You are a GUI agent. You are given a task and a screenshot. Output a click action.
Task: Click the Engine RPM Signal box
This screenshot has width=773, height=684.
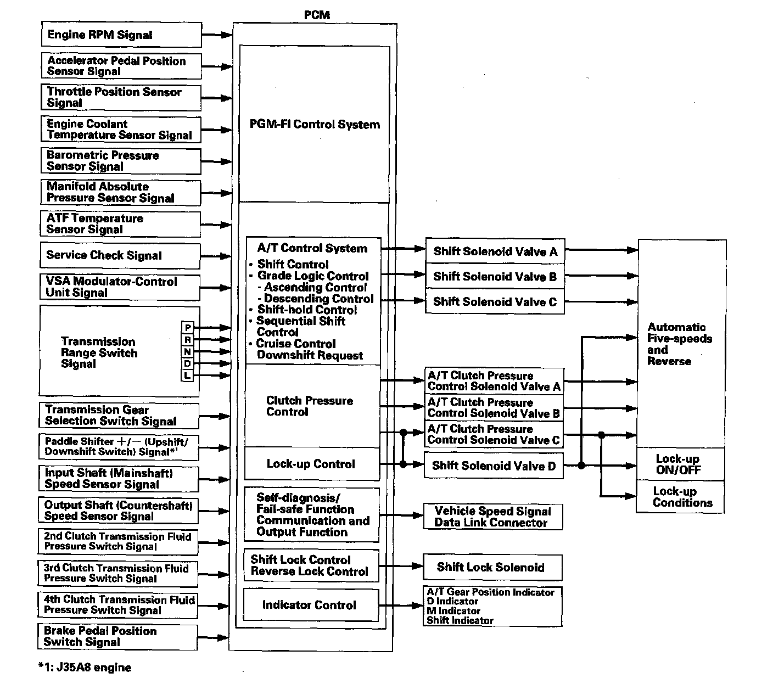click(121, 35)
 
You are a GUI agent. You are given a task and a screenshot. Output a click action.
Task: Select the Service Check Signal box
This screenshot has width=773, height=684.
click(120, 255)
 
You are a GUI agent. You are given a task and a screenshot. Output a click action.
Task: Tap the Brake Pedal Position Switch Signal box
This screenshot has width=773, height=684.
click(117, 637)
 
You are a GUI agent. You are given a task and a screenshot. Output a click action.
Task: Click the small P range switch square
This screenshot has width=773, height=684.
click(188, 328)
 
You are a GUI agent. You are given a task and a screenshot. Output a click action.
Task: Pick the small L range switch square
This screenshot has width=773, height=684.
click(188, 375)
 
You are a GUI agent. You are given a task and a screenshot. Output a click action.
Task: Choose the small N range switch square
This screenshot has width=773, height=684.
click(188, 352)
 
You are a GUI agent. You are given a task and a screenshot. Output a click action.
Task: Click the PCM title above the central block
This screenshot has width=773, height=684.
click(317, 15)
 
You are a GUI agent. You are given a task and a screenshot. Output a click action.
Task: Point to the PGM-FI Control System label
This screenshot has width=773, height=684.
click(315, 124)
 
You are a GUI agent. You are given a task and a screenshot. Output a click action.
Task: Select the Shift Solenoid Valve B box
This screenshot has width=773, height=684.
click(495, 277)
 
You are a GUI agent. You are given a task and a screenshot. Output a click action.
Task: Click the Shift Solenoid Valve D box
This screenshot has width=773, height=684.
click(494, 466)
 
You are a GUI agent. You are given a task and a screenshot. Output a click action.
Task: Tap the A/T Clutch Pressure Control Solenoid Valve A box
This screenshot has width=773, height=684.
click(494, 381)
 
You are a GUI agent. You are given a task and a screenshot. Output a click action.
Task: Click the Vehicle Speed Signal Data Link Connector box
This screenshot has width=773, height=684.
click(492, 517)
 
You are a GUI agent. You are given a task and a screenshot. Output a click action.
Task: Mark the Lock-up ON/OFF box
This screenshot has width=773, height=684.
click(680, 464)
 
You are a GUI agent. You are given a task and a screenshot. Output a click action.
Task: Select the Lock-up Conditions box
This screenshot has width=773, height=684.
click(681, 497)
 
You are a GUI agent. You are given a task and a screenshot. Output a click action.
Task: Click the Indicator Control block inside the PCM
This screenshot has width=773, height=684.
click(310, 605)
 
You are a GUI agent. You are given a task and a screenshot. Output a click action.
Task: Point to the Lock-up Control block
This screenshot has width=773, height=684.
click(311, 464)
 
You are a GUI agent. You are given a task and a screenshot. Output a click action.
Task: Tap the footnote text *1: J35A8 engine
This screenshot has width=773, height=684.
click(85, 668)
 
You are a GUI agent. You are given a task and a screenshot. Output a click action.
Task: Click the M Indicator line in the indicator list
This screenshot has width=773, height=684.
click(454, 611)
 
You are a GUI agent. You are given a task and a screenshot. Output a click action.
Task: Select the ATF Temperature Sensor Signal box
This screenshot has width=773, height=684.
click(120, 224)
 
